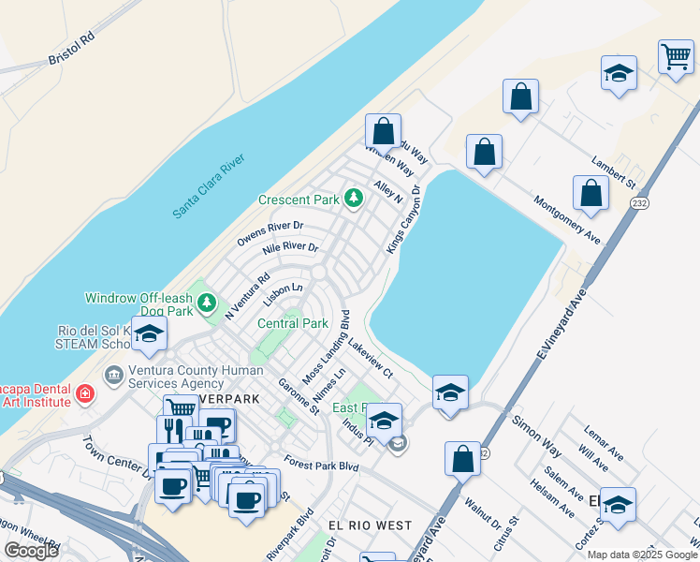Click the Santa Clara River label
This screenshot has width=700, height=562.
click(209, 186)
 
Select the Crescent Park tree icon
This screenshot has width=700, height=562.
click(353, 198)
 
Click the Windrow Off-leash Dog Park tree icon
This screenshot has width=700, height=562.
click(207, 303)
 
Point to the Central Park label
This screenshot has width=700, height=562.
click(293, 323)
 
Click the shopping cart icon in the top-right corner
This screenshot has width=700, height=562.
click(675, 57)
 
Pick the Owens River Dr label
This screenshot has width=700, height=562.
click(270, 233)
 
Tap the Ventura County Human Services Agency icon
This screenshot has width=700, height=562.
click(114, 376)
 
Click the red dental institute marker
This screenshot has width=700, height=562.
click(85, 393)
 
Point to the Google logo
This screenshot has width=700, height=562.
click(31, 551)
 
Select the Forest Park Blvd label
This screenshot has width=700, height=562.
click(323, 465)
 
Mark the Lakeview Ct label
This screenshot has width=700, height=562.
click(370, 359)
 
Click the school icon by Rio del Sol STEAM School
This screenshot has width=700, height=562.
click(149, 333)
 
